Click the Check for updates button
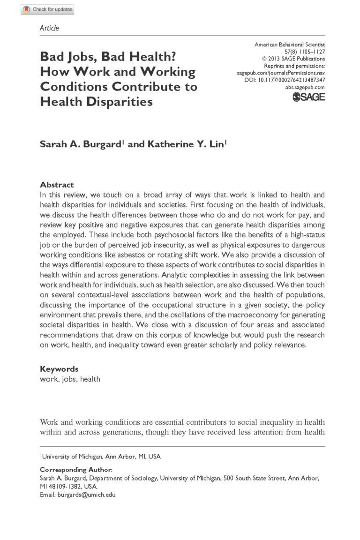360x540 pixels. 47,9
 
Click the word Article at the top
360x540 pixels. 50,28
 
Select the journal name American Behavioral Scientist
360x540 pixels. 290,45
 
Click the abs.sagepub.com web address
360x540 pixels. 305,87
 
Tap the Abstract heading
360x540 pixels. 57,185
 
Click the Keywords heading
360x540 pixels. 59,369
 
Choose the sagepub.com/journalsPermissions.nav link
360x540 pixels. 281,73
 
